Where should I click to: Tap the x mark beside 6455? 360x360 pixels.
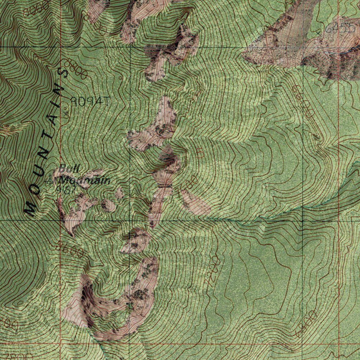click(x=319, y=32)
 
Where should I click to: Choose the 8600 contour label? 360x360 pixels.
click(x=70, y=250)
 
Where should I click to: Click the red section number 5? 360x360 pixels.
click(x=200, y=153)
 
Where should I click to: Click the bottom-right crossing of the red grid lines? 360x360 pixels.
click(x=339, y=344)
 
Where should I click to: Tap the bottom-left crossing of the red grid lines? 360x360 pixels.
click(x=60, y=344)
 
